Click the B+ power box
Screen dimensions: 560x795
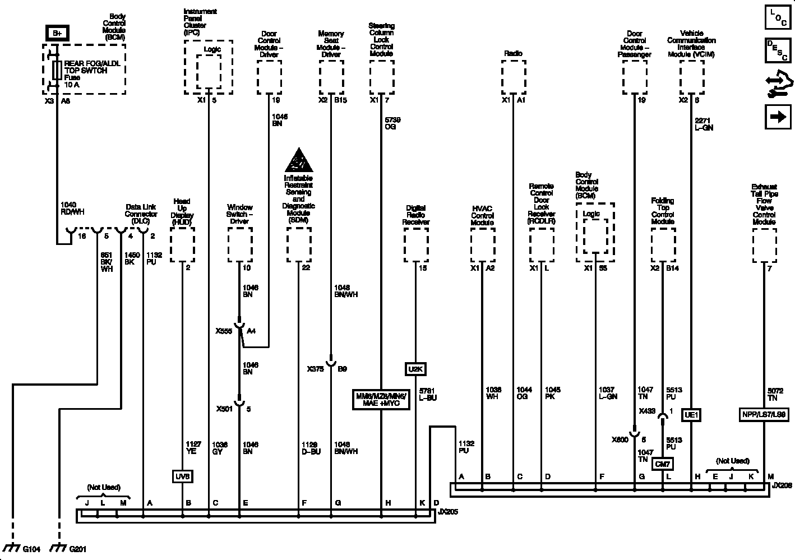[x=57, y=34]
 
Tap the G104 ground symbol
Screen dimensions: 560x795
[x=11, y=547]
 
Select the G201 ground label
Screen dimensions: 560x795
[x=77, y=549]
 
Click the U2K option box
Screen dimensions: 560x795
[x=415, y=369]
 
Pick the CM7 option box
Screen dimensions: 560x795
[x=663, y=464]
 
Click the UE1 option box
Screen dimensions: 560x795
[x=691, y=415]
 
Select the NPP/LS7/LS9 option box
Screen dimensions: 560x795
[x=764, y=415]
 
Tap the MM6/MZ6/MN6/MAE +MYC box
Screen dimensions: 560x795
[x=381, y=400]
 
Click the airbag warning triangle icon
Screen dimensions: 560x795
[x=299, y=161]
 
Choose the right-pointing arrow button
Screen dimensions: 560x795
[x=777, y=117]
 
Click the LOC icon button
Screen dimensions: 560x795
[x=777, y=17]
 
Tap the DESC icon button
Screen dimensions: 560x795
[x=777, y=50]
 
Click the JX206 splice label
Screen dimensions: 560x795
[x=782, y=485]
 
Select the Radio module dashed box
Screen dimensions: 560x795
[x=513, y=77]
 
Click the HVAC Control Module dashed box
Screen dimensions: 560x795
[x=482, y=246]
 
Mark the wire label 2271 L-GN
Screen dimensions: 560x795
[x=704, y=124]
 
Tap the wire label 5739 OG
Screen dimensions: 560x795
[x=392, y=123]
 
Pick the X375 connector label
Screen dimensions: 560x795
[x=315, y=369]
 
